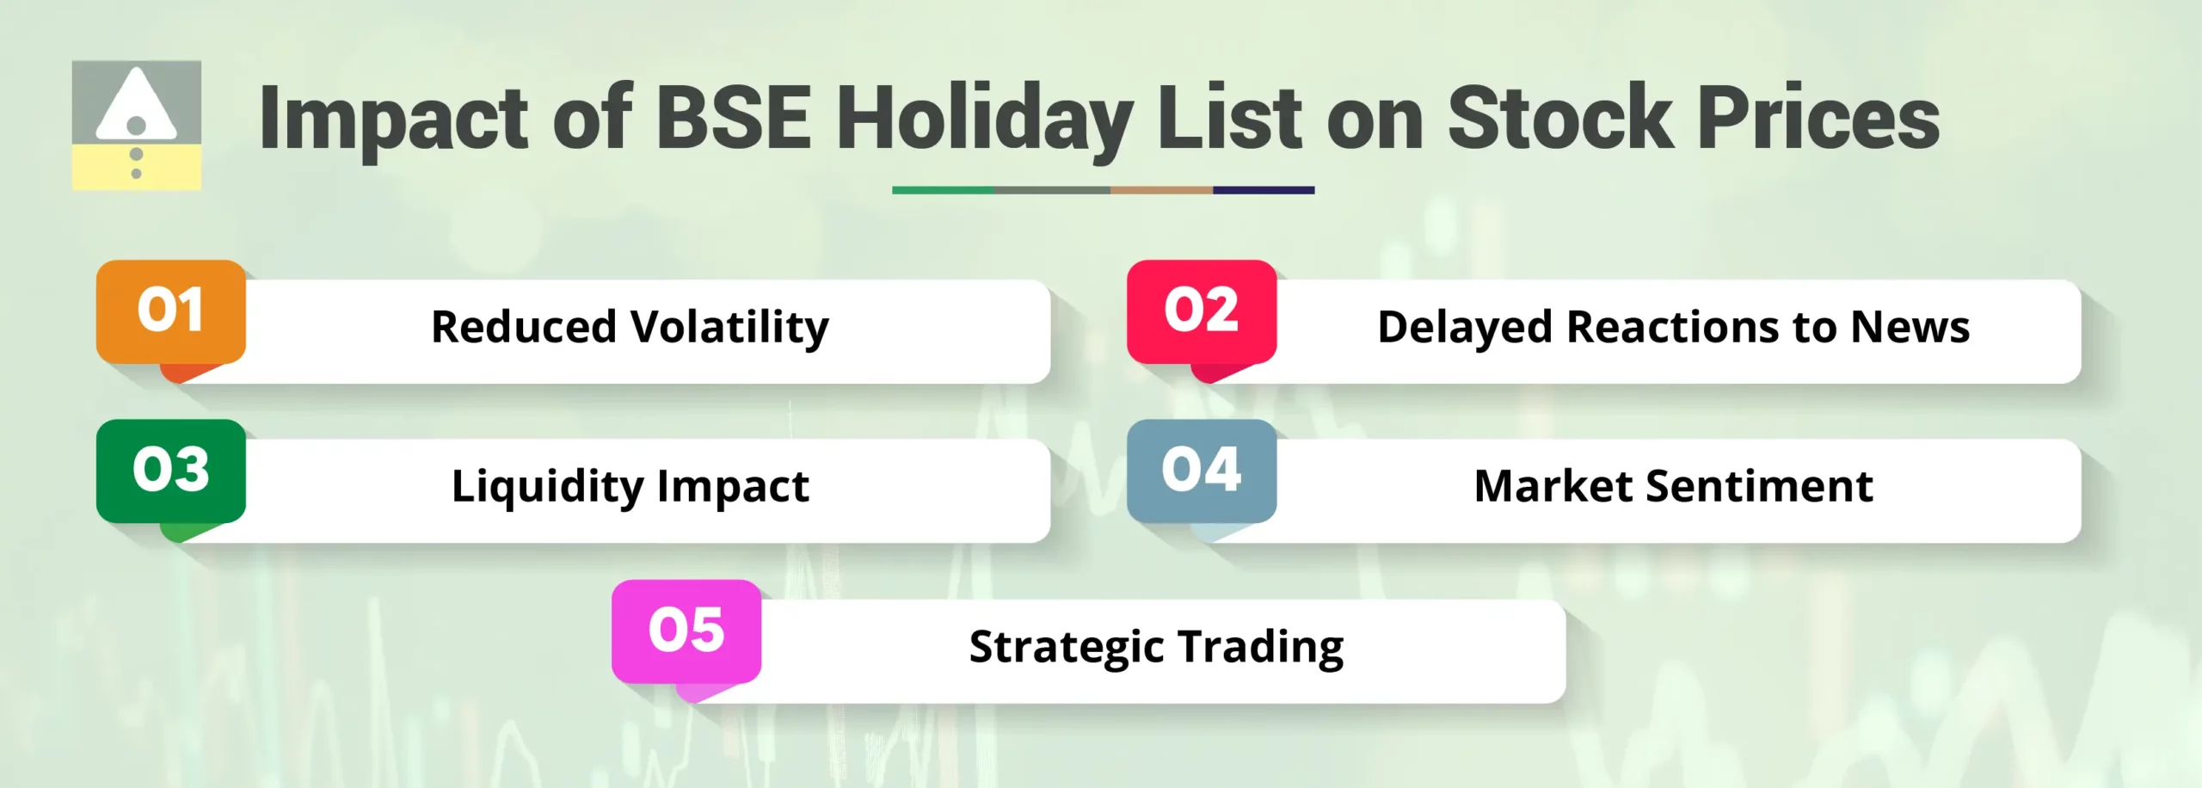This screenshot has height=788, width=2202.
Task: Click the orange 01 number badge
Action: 170,311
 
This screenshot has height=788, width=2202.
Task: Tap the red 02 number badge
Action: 1201,311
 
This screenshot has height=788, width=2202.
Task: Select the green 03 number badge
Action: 170,471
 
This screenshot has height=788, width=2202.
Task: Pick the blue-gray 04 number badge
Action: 1201,471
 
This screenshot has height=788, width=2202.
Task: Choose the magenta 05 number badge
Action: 686,631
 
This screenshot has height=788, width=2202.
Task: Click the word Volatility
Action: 729,328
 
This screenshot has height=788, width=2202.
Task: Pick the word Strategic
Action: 1066,647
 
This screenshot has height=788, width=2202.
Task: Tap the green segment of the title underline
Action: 943,190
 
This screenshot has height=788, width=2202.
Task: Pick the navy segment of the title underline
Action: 1264,190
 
